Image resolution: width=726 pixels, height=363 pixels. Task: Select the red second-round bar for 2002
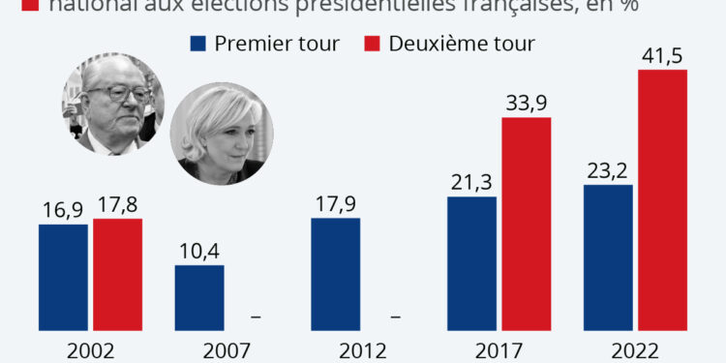coord(118,276)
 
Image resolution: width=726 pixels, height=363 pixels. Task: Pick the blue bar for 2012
coord(335,276)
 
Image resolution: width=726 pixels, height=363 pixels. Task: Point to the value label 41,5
coord(663,55)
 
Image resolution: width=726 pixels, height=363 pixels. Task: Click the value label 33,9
coord(527,103)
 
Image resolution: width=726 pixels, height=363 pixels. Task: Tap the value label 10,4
coord(199,250)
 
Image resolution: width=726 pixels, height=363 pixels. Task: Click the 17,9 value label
coord(335,203)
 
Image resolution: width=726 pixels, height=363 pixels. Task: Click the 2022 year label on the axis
coord(636,350)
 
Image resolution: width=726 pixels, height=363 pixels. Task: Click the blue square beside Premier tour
coord(198,44)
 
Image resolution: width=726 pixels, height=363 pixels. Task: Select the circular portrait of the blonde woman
coord(221,135)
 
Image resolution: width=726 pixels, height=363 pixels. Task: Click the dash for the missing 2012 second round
coord(395,317)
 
